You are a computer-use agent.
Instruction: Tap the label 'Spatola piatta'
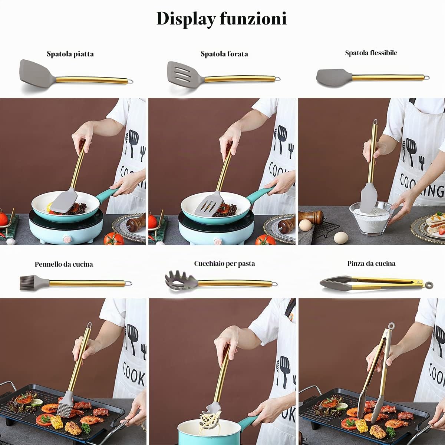coord(70,54)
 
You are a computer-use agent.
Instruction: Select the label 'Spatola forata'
coord(224,54)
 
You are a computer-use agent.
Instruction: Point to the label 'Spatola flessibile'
coord(371,53)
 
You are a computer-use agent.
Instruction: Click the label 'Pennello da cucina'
coord(64,264)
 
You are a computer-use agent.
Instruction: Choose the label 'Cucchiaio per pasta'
coord(224,264)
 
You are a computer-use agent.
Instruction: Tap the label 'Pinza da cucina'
coord(371,264)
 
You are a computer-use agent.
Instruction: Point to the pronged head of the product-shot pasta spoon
coord(181,281)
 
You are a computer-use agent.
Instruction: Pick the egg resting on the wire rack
coord(305,225)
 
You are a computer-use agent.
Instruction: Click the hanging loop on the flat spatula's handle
coord(131,81)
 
